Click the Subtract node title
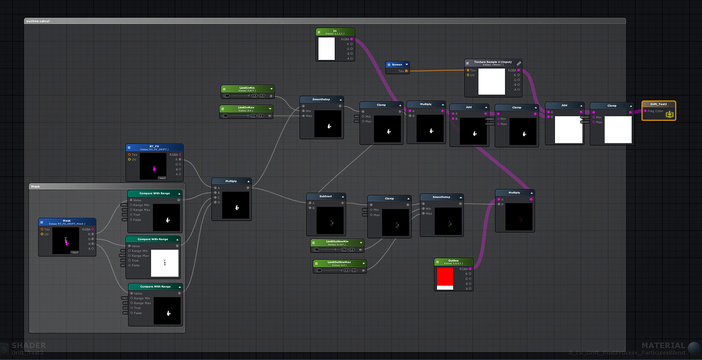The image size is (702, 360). click(326, 196)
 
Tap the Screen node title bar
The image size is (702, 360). click(397, 65)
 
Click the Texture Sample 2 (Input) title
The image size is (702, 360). click(492, 62)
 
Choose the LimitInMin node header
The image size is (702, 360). click(247, 88)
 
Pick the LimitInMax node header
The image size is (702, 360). click(246, 108)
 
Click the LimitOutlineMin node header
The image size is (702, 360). click(337, 242)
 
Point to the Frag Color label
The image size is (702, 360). click(655, 111)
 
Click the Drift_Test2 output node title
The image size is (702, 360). click(658, 104)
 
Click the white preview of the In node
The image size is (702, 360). click(326, 49)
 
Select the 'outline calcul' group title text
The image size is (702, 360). click(38, 21)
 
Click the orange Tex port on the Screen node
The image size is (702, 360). click(406, 71)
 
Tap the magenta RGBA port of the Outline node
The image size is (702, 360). click(470, 269)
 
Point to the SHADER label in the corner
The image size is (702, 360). click(28, 346)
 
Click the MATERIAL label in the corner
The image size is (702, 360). click(663, 346)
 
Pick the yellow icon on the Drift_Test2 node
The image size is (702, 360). click(669, 114)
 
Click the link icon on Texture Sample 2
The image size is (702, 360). click(518, 63)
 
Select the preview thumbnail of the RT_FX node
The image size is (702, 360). click(154, 166)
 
